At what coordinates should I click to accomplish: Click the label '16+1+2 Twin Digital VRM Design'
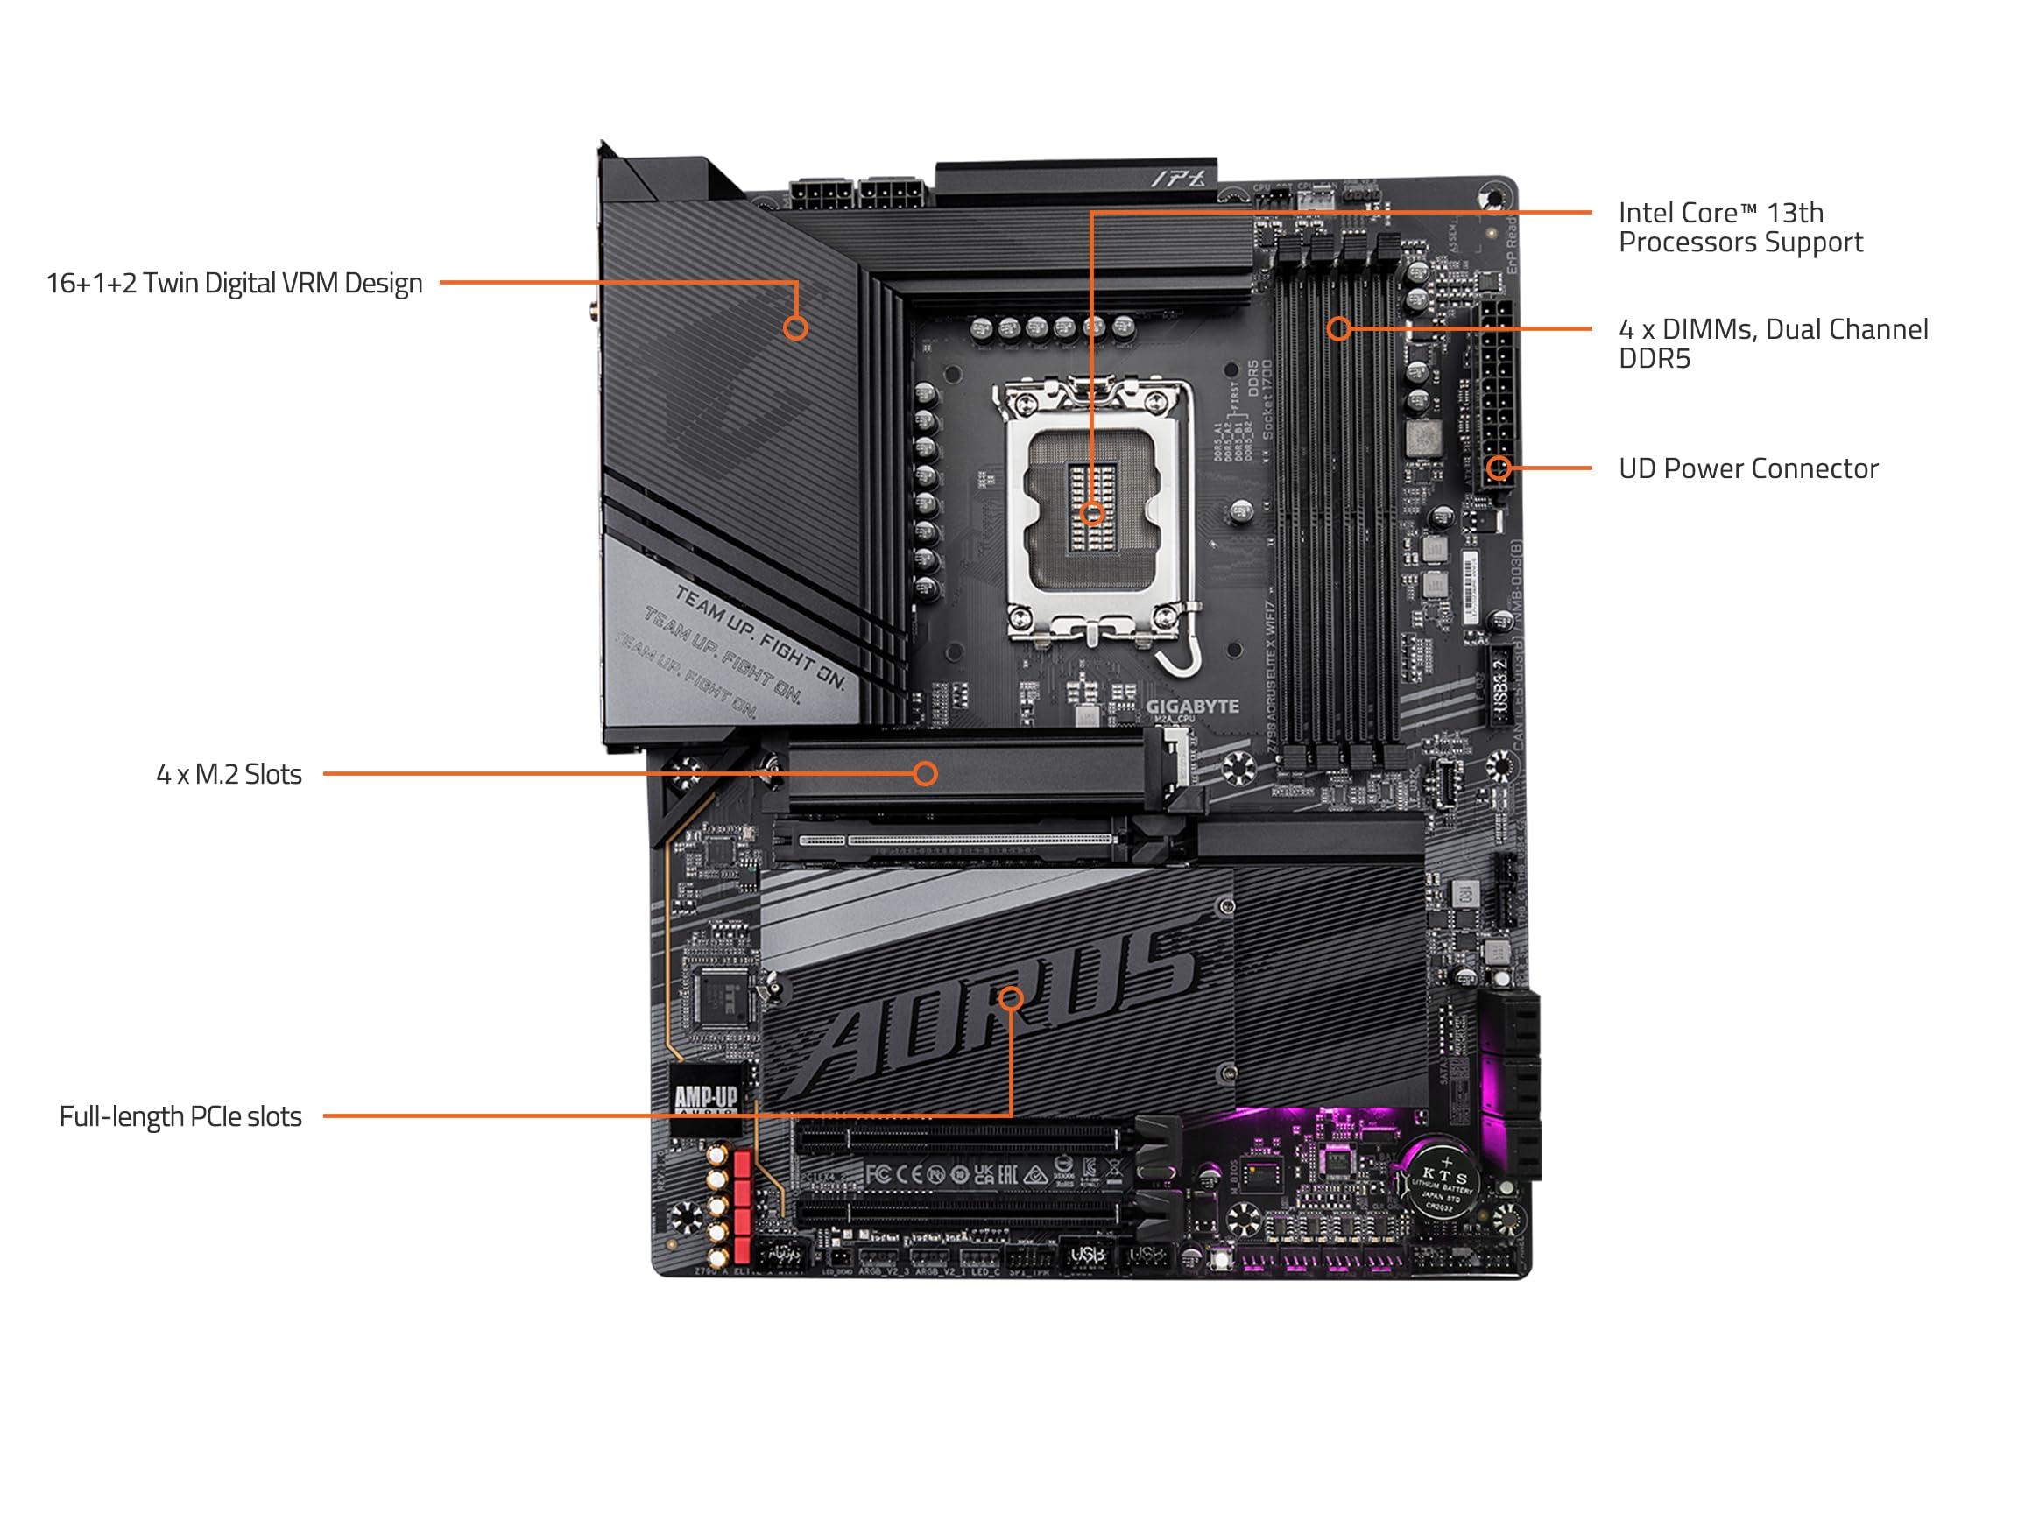235,284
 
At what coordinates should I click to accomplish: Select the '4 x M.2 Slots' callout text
229,774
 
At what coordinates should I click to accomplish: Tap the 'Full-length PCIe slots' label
180,1116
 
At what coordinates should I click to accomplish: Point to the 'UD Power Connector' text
1748,468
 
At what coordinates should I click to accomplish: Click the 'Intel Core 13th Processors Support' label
1739,227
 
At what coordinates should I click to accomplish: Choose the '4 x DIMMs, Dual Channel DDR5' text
1773,343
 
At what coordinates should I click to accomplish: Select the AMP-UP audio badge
705,1099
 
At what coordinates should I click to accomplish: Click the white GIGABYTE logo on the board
1191,707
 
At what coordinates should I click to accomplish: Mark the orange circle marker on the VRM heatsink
795,328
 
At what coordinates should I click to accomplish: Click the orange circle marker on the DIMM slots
1338,328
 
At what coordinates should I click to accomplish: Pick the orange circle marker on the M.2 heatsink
925,774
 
